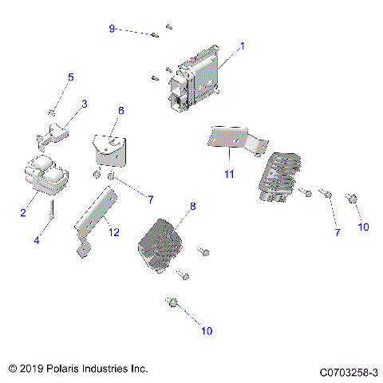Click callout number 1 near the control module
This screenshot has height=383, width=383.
(243, 45)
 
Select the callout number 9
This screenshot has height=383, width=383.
(113, 29)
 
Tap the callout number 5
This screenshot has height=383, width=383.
(70, 77)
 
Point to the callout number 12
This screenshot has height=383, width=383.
(113, 232)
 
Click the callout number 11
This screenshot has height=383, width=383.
(228, 172)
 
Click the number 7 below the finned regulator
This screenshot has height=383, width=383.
(337, 232)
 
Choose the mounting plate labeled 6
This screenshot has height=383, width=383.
(110, 148)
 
